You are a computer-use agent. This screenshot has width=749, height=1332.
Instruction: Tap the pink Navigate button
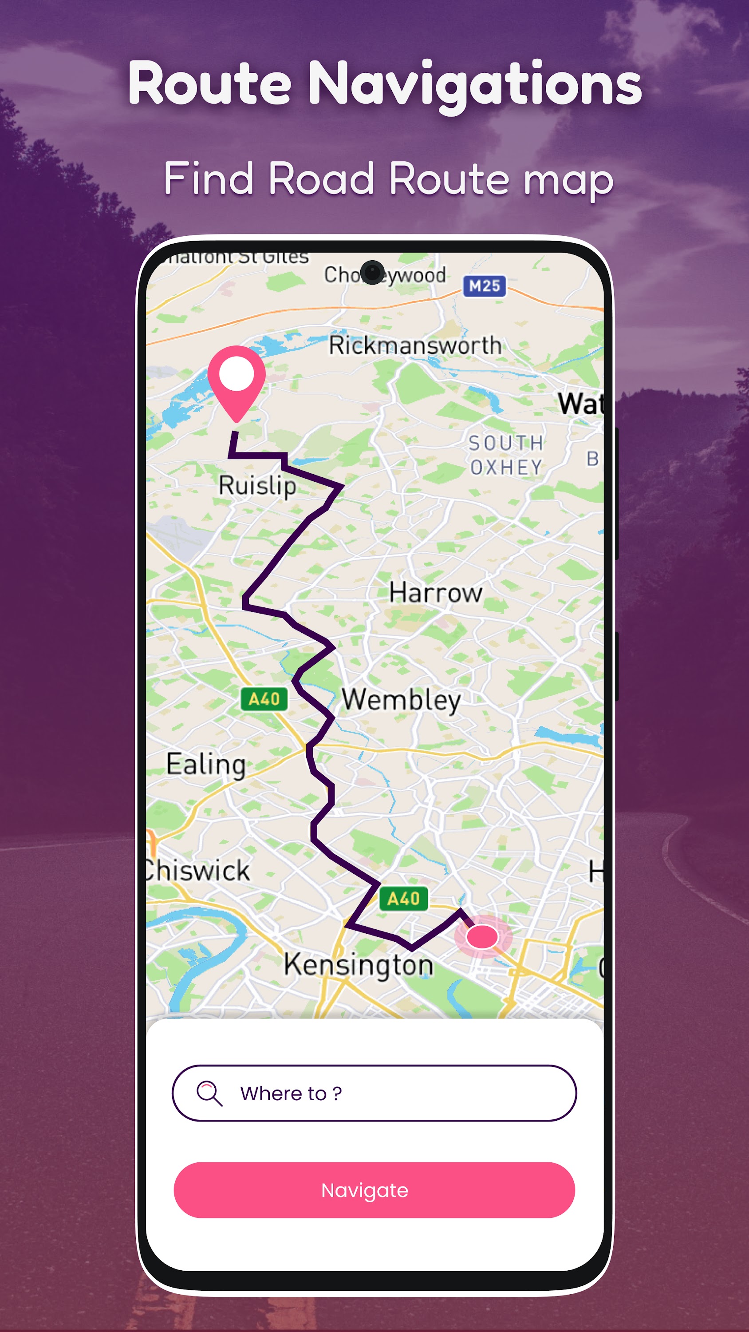pyautogui.click(x=374, y=1190)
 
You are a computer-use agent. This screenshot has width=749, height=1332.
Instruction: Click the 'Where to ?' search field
pyautogui.click(x=374, y=1093)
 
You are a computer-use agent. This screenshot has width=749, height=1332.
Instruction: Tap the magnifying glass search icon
pyautogui.click(x=209, y=1093)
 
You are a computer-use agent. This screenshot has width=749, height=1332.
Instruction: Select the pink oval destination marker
pyautogui.click(x=482, y=936)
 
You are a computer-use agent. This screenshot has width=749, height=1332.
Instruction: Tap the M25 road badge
pyautogui.click(x=485, y=286)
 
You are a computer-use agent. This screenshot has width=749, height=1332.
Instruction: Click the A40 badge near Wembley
pyautogui.click(x=264, y=699)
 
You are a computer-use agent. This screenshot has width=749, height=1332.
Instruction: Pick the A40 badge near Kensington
pyautogui.click(x=404, y=899)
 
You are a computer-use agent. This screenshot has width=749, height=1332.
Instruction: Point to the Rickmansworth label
pyautogui.click(x=415, y=345)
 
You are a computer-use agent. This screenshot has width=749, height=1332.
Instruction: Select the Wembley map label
pyautogui.click(x=401, y=700)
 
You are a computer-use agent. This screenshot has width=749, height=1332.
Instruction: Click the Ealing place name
pyautogui.click(x=206, y=764)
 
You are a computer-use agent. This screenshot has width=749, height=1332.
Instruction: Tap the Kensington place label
pyautogui.click(x=358, y=965)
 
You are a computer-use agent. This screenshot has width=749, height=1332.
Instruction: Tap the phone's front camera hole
pyautogui.click(x=372, y=272)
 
